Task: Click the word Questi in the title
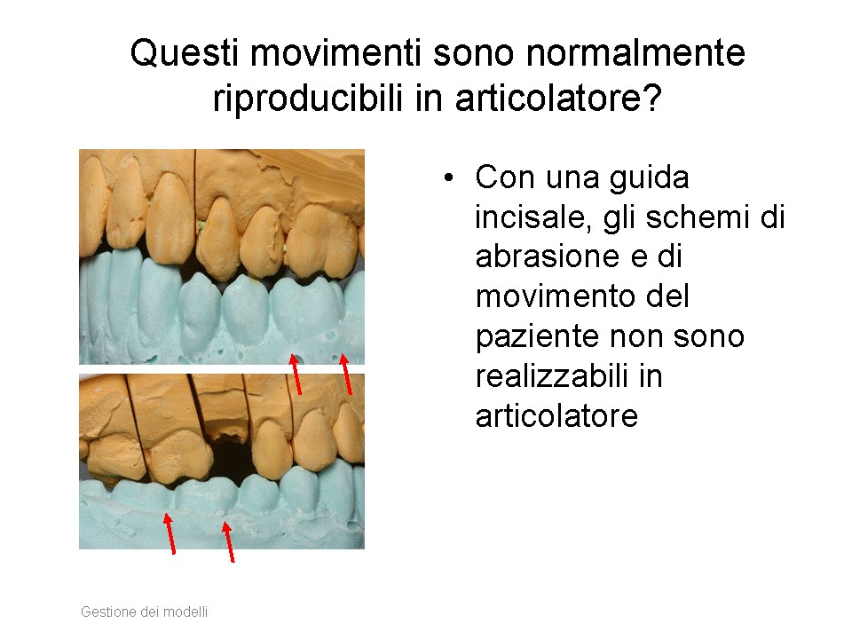pos(185,54)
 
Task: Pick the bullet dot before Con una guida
pos(448,178)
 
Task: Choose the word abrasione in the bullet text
pos(548,256)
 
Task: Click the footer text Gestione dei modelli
pos(144,611)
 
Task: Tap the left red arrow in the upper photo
pos(295,374)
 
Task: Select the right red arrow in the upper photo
pos(345,374)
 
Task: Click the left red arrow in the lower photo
pos(170,534)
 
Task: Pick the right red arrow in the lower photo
pos(229,541)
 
